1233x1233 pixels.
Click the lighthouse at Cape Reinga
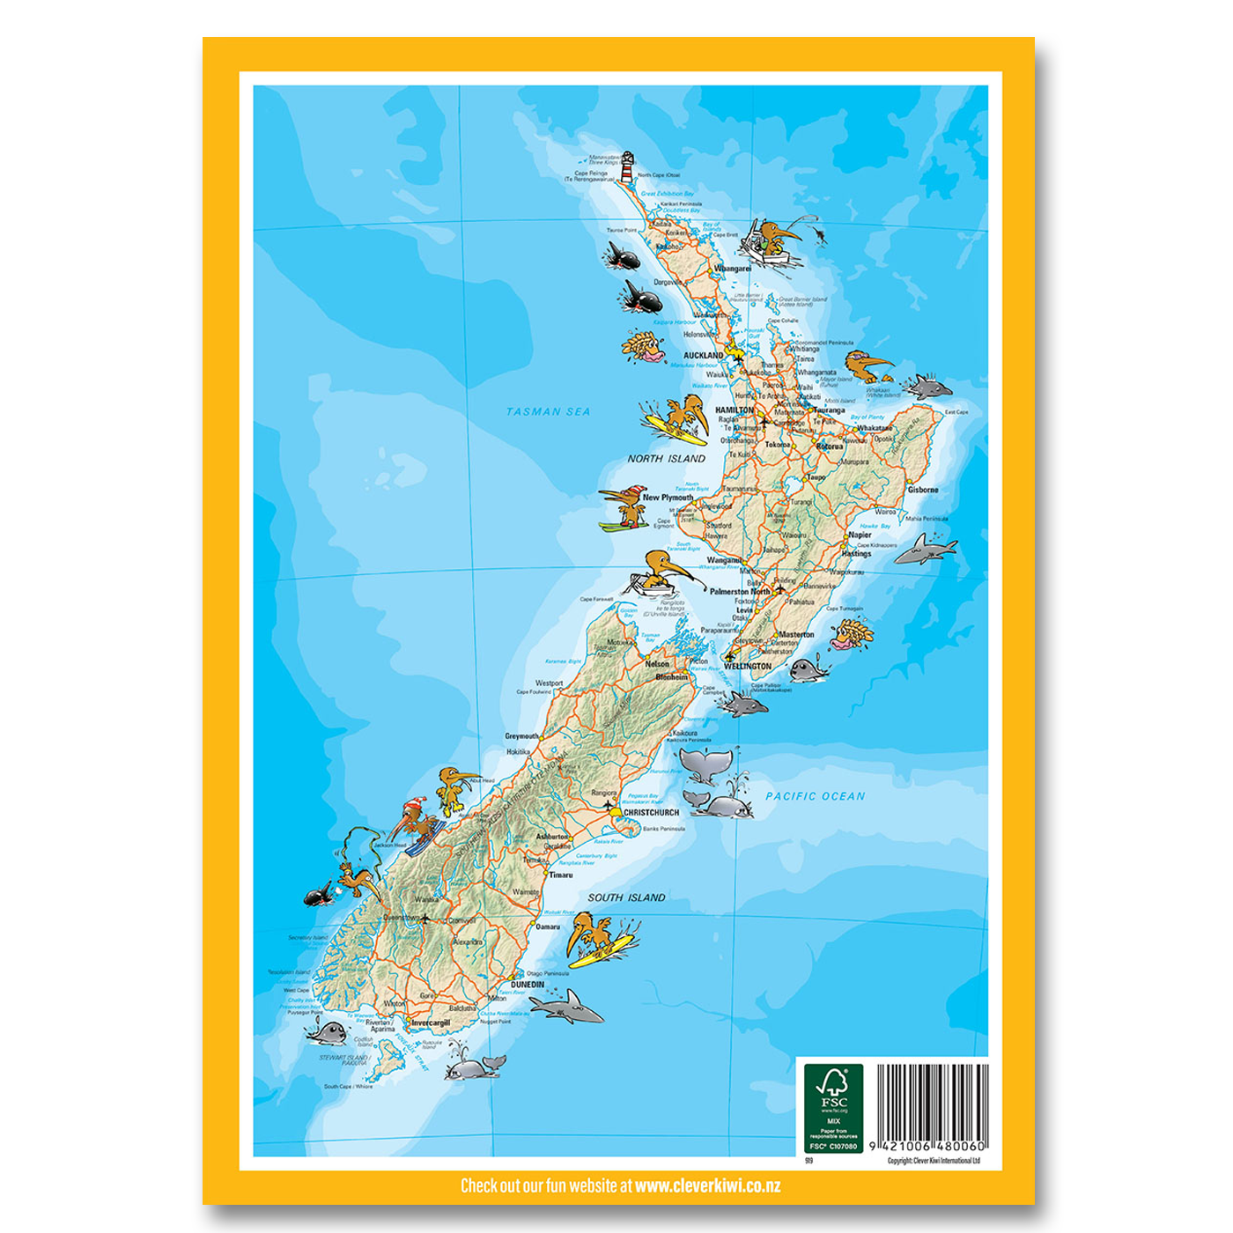click(627, 167)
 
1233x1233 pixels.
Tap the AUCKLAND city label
click(703, 356)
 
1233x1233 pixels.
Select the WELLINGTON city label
click(747, 667)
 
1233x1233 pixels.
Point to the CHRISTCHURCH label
click(651, 813)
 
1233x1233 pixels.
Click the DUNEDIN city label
click(528, 985)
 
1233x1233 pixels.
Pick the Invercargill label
click(431, 1023)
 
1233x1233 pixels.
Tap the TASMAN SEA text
click(548, 411)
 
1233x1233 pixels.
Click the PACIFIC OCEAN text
click(815, 796)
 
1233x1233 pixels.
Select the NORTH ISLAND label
click(666, 459)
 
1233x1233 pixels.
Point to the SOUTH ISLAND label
click(626, 897)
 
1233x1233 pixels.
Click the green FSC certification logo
click(833, 1108)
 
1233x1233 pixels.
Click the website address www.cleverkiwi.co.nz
click(707, 1185)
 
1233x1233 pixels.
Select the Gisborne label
click(923, 490)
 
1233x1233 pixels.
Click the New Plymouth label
click(668, 498)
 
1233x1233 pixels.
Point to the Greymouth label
click(521, 736)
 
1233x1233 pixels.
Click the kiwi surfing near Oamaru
click(598, 938)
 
